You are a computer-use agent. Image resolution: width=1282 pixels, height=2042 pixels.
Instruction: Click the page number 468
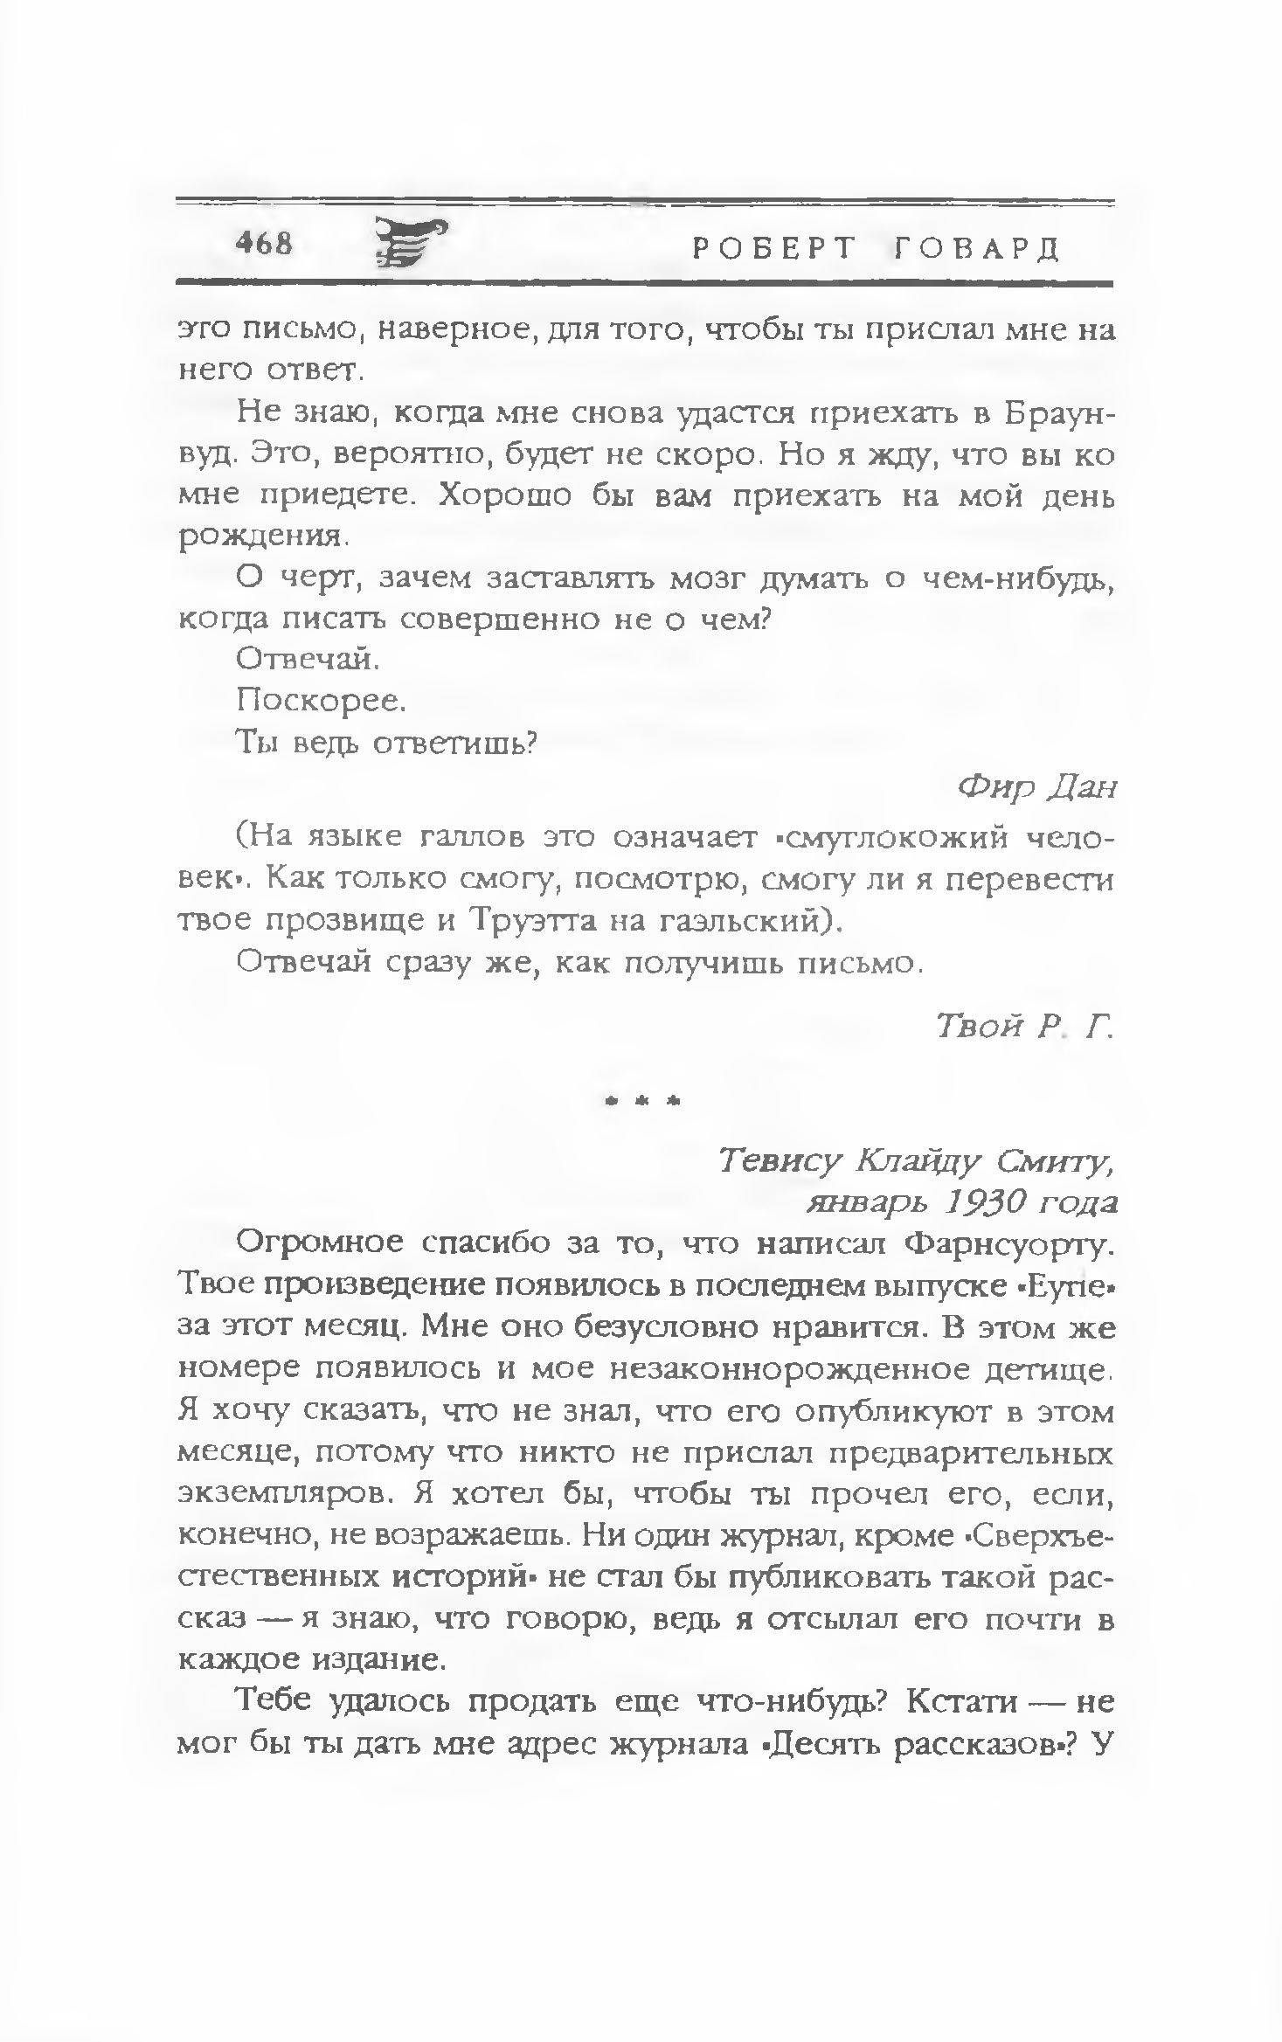pos(264,244)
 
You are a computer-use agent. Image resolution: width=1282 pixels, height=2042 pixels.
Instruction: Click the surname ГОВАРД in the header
pos(977,249)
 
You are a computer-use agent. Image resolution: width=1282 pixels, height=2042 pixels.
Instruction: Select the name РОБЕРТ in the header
pos(773,249)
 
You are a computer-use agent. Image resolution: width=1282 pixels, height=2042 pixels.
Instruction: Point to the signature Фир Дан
pos(1038,788)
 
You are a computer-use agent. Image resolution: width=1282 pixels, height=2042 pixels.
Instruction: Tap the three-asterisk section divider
pos(642,1103)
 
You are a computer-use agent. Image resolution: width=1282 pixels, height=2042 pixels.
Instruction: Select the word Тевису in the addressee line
pos(780,1161)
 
